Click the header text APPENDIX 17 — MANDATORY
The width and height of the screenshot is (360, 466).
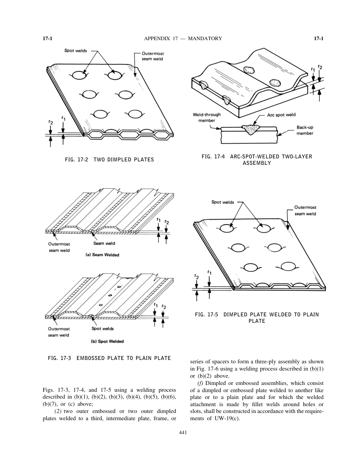click(x=183, y=38)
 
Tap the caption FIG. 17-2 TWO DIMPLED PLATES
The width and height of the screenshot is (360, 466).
click(x=110, y=160)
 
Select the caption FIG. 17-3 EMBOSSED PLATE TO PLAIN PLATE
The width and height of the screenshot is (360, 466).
click(x=110, y=358)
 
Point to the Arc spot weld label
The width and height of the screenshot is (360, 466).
click(x=281, y=115)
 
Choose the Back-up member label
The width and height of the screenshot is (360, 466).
click(x=305, y=130)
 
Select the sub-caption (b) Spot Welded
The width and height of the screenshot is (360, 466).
click(x=107, y=341)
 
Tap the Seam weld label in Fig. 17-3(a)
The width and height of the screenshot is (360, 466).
click(x=104, y=244)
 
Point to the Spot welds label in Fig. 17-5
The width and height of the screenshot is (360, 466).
click(x=222, y=202)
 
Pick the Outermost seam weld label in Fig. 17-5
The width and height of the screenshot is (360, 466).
click(x=305, y=211)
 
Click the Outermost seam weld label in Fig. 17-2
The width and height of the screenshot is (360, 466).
click(x=152, y=56)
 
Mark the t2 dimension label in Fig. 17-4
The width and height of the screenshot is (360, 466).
click(x=320, y=67)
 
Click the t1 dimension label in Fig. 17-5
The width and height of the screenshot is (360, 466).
click(x=210, y=272)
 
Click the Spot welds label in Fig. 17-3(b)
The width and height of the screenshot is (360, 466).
click(x=102, y=328)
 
